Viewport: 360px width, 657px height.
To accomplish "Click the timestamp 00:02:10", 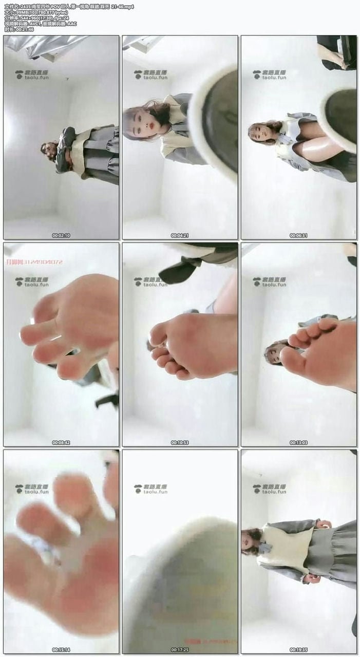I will pyautogui.click(x=61, y=235).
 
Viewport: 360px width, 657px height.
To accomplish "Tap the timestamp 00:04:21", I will pyautogui.click(x=179, y=235).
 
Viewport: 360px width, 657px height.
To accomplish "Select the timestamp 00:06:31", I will pyautogui.click(x=298, y=235).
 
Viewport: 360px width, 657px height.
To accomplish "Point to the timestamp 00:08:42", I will pyautogui.click(x=61, y=442).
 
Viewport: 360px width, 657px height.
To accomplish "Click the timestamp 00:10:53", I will pyautogui.click(x=179, y=442).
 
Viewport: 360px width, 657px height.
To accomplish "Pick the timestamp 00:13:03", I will pyautogui.click(x=298, y=442).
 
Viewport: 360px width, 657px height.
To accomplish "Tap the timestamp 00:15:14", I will pyautogui.click(x=61, y=649).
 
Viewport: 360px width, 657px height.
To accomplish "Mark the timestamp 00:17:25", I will pyautogui.click(x=179, y=649).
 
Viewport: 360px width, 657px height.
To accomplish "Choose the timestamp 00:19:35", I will pyautogui.click(x=298, y=649).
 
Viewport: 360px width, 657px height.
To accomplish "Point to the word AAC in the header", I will pyautogui.click(x=72, y=24).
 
